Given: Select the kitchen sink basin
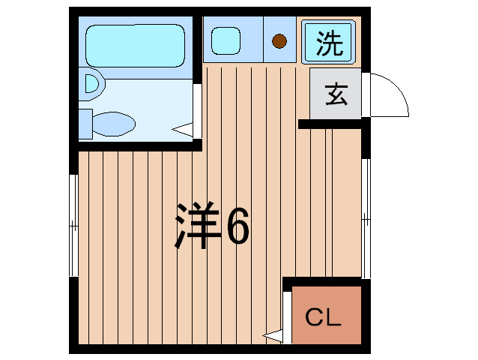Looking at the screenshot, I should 225,40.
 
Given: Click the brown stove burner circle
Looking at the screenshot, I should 279,42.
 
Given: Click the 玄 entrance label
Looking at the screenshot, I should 335,95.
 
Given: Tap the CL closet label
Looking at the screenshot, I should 324,317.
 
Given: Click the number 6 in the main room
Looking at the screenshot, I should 237,224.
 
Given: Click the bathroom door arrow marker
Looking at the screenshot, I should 182,130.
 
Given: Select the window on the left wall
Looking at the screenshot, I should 73,225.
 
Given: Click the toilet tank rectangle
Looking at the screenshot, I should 85,122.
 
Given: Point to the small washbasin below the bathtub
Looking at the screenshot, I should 91,85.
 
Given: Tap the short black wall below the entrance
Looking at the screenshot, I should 330,124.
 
